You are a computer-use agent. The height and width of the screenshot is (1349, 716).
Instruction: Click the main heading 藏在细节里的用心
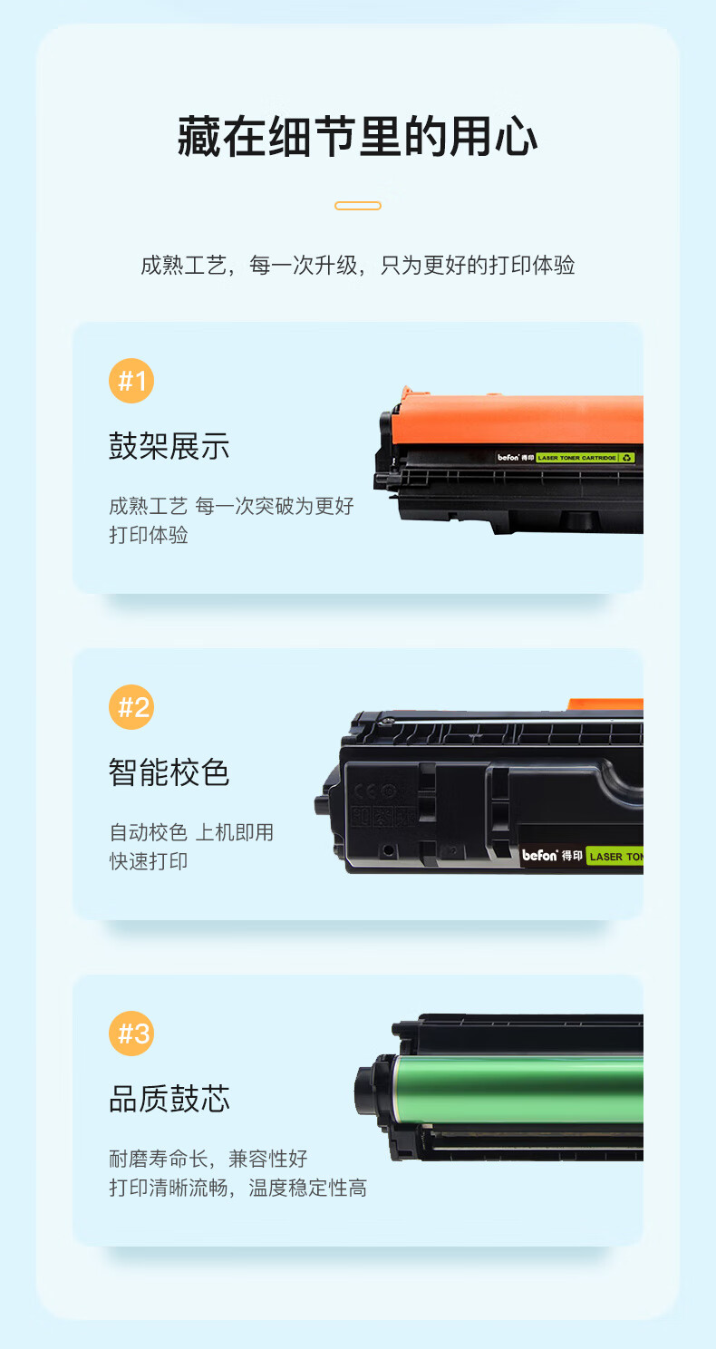click(x=358, y=137)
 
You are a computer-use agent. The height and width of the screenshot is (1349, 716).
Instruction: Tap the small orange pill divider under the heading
click(x=358, y=206)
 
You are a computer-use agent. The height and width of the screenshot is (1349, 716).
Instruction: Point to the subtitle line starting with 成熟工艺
click(x=358, y=265)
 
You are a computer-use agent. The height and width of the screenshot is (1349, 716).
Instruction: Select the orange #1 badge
click(x=131, y=381)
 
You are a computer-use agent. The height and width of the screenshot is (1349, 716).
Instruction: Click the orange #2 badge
click(x=131, y=707)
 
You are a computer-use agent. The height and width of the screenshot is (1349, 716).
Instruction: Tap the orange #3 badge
click(x=131, y=1034)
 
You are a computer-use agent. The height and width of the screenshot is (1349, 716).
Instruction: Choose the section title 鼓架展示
click(x=169, y=446)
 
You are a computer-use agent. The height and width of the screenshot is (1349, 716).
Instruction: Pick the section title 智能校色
click(x=169, y=772)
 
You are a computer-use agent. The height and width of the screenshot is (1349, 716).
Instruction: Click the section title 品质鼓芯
click(x=169, y=1099)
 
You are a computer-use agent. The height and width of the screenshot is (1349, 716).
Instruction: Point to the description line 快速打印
click(x=148, y=861)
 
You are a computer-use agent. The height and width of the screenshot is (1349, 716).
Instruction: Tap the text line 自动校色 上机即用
click(x=191, y=832)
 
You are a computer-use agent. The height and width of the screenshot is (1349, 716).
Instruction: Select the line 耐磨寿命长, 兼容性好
click(x=208, y=1159)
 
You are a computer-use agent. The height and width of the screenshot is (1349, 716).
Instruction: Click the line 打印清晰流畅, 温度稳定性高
click(x=237, y=1189)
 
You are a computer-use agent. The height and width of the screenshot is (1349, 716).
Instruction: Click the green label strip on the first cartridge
click(x=585, y=458)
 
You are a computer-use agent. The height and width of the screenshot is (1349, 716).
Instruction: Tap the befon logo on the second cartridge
click(x=539, y=855)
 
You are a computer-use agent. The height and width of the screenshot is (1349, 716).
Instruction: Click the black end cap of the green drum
click(x=374, y=1091)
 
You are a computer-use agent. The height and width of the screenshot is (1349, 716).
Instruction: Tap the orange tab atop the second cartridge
click(x=605, y=704)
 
